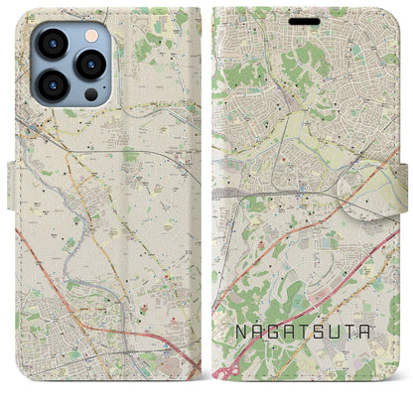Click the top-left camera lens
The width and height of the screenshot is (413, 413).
click(x=51, y=45)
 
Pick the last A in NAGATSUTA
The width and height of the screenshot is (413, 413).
click(x=374, y=324)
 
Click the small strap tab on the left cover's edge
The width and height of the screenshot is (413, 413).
click(x=13, y=183)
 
